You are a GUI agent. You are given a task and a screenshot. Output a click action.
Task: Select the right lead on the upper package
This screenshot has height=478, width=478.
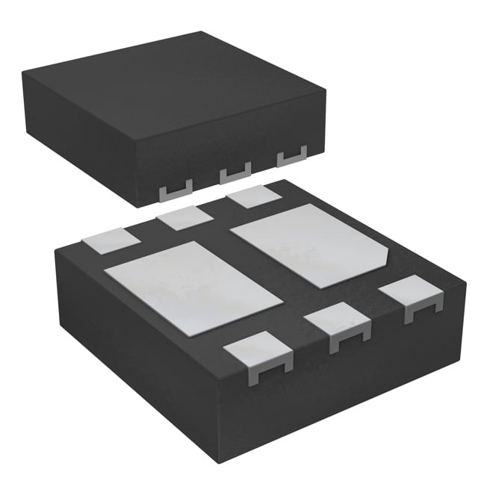(292, 159)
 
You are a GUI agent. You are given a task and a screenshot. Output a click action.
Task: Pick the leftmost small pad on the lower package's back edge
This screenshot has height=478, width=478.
(111, 241)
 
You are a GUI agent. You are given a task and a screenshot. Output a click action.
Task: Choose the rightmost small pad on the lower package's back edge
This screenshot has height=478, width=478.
(253, 198)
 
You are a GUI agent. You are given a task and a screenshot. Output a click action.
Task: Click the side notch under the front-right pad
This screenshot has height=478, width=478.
(420, 314)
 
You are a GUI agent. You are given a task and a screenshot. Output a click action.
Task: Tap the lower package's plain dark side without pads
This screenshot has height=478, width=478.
(134, 358)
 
